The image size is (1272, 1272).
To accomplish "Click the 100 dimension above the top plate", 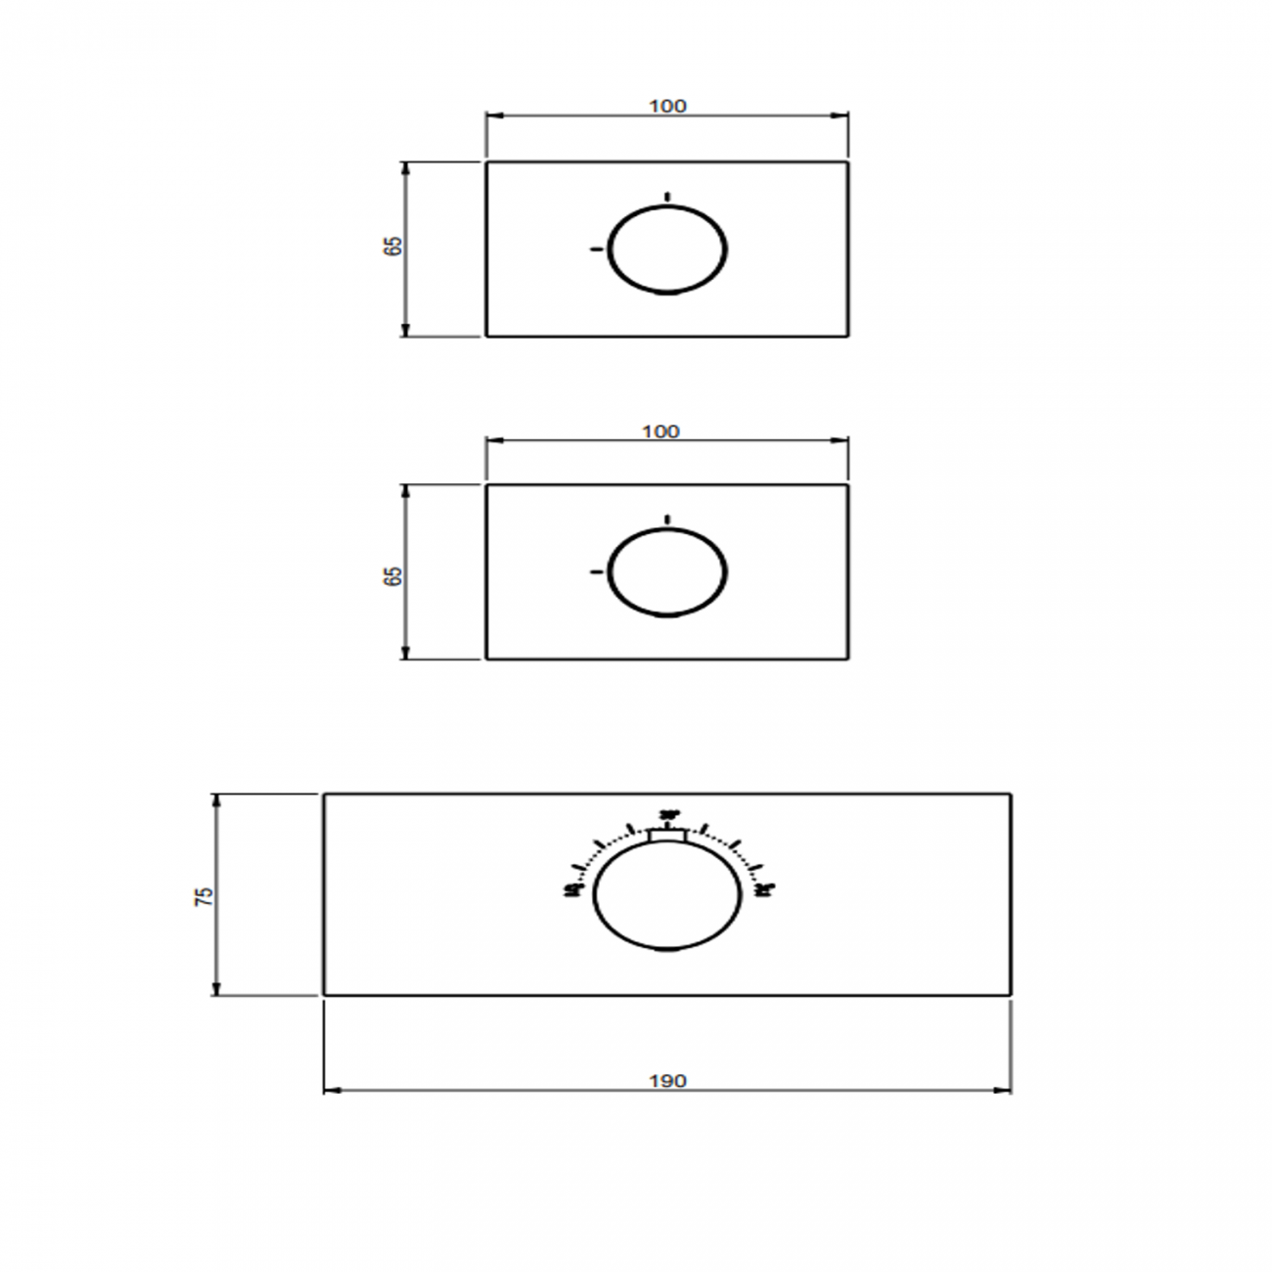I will click(x=667, y=106).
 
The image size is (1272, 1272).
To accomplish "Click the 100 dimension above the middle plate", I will click(x=661, y=432).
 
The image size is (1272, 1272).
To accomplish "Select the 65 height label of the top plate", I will click(x=393, y=247).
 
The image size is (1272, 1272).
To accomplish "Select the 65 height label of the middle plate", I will click(x=393, y=575).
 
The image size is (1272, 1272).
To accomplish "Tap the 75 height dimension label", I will click(x=204, y=895).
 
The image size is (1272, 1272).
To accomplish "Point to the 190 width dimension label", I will click(x=667, y=1081).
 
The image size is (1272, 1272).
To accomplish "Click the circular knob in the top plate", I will click(x=667, y=250).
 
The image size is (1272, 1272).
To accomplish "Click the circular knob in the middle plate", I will click(x=667, y=572).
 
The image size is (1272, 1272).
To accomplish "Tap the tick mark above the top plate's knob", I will click(x=667, y=197).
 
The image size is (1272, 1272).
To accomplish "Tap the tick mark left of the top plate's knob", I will click(x=595, y=250).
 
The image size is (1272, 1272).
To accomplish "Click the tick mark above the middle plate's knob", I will click(x=667, y=519).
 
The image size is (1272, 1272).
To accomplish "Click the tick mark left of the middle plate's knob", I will click(x=595, y=571).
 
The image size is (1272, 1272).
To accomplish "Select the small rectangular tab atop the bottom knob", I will click(x=668, y=835).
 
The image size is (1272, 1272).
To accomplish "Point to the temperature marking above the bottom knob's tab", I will click(x=669, y=814).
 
